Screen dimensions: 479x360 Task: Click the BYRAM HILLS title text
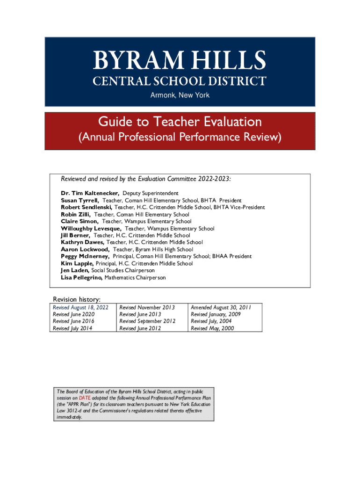(180, 60)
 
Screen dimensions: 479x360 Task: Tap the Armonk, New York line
(180, 95)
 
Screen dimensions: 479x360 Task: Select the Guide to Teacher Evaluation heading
(180, 122)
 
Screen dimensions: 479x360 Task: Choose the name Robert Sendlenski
(86, 207)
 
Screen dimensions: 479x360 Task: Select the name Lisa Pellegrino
(81, 277)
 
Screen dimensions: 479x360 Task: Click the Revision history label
(77, 299)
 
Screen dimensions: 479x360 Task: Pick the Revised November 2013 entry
(147, 307)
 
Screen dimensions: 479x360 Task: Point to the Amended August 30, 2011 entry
(221, 307)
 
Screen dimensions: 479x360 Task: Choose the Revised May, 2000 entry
(212, 328)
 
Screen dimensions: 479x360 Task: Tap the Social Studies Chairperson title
(123, 270)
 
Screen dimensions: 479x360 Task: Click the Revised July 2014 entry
(72, 328)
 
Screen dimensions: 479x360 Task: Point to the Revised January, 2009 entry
(216, 314)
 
